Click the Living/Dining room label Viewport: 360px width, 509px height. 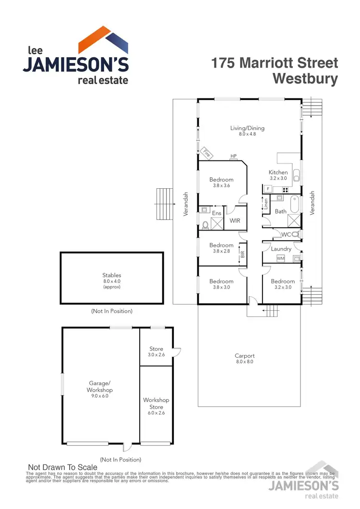[x=247, y=128]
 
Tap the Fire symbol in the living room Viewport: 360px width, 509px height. [x=206, y=153]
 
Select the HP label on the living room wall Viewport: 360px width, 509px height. [x=234, y=156]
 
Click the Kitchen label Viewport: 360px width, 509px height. [x=278, y=172]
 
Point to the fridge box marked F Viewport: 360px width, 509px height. [x=267, y=189]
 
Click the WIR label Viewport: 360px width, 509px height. [x=235, y=221]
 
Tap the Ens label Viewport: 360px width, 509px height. [x=216, y=213]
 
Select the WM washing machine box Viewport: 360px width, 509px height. [x=280, y=259]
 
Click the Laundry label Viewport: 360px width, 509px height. [x=281, y=249]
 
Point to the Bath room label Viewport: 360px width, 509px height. [x=280, y=211]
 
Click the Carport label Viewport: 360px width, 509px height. [x=244, y=356]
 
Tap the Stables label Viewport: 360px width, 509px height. [x=111, y=275]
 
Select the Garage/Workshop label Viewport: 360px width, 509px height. [x=100, y=387]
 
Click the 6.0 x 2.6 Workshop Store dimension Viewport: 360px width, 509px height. [x=156, y=413]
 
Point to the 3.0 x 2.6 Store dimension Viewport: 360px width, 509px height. [x=156, y=355]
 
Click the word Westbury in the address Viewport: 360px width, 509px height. [x=305, y=79]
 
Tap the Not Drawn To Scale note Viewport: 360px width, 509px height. [x=63, y=467]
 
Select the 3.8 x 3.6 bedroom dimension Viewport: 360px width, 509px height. [x=221, y=186]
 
